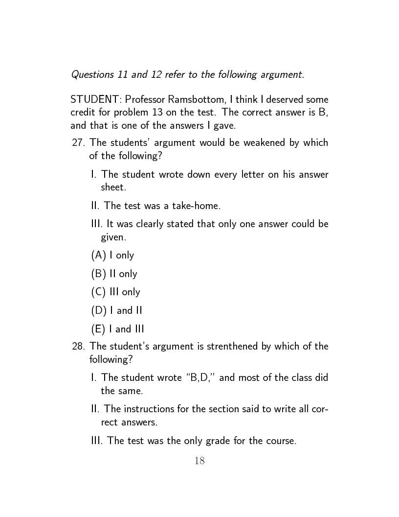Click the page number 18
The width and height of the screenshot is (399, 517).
click(x=199, y=461)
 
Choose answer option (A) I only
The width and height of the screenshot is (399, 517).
click(x=112, y=255)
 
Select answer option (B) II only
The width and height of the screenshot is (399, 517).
click(x=114, y=274)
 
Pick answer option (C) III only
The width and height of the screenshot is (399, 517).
click(x=115, y=292)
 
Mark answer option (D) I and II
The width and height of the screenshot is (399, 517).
click(x=117, y=310)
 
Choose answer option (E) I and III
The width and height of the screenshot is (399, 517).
click(x=118, y=329)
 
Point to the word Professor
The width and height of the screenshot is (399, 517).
click(x=144, y=100)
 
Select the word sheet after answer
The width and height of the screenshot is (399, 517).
click(x=112, y=187)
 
